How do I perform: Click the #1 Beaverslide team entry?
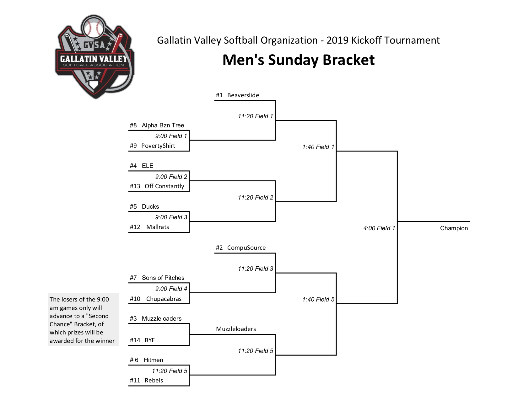tap(237, 95)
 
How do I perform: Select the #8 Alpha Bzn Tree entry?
tap(157, 125)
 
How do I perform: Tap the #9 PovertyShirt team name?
tap(152, 146)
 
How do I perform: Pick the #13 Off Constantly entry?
tap(157, 186)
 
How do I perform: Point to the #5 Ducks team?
tap(144, 206)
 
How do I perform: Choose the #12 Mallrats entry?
tap(149, 227)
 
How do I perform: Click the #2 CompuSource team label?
tap(241, 248)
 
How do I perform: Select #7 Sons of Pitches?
tap(157, 278)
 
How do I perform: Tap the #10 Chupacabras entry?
tap(156, 299)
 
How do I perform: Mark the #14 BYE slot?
tap(142, 340)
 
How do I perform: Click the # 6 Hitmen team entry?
tap(146, 360)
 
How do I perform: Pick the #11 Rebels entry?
tap(146, 381)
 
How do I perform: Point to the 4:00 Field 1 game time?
tap(379, 228)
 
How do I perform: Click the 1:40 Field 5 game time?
tap(318, 300)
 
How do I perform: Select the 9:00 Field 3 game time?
tap(171, 217)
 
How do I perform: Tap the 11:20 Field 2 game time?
tap(256, 198)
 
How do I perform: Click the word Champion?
tap(454, 228)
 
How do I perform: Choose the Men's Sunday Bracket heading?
tap(299, 60)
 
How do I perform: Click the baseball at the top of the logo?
tap(93, 28)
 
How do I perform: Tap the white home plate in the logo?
tap(94, 84)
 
